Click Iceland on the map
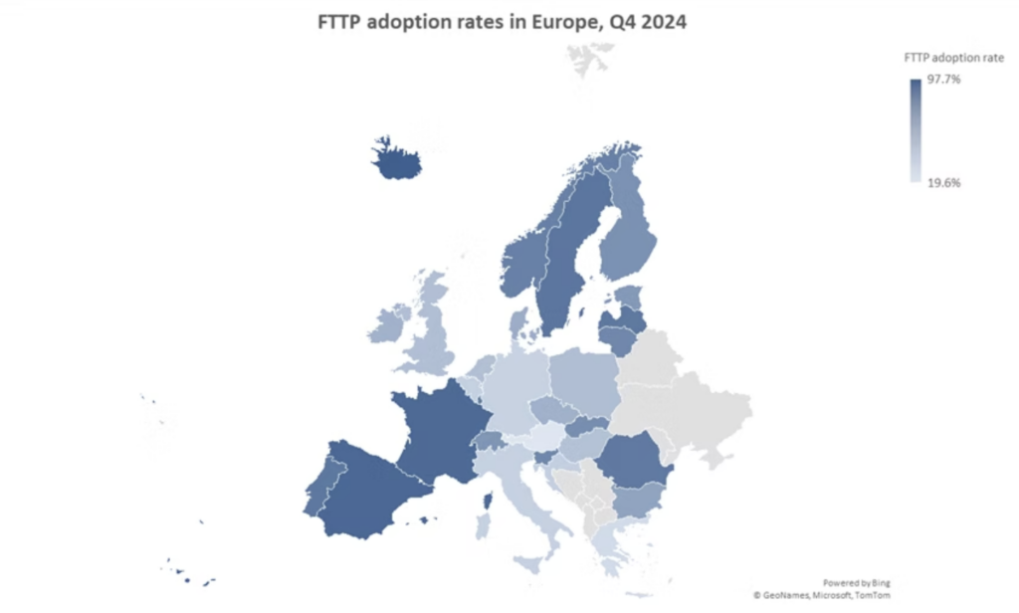[x=395, y=159]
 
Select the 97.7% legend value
[x=944, y=81]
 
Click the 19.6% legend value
[x=944, y=183]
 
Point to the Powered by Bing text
[x=856, y=581]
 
